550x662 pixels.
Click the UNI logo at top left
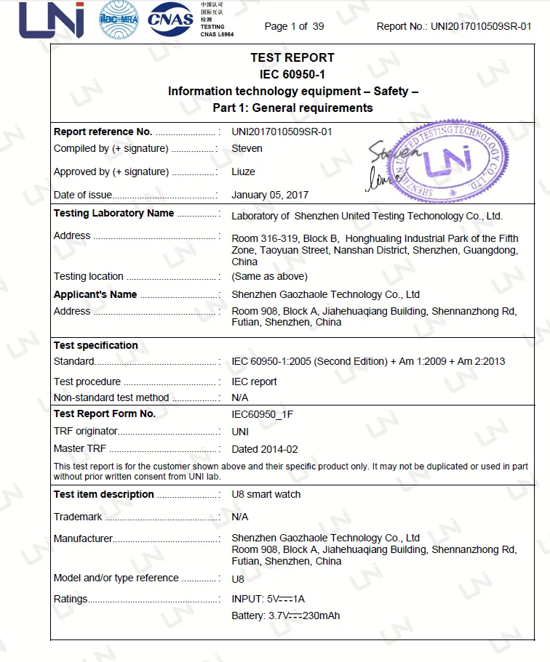click(52, 21)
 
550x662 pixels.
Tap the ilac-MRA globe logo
click(119, 21)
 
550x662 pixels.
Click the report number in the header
click(454, 27)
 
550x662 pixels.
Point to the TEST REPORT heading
click(292, 58)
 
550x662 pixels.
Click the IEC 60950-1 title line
click(292, 74)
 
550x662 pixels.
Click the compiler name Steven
click(247, 149)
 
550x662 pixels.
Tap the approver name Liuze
click(244, 172)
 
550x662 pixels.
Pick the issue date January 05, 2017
click(270, 195)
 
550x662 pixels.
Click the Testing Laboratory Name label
click(113, 214)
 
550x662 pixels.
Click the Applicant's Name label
click(95, 295)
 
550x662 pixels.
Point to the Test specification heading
click(95, 346)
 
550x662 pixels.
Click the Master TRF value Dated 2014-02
click(265, 450)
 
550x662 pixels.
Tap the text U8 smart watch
click(266, 495)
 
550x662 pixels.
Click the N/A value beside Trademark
click(240, 517)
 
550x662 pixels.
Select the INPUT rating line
click(268, 600)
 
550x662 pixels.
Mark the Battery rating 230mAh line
click(285, 616)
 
